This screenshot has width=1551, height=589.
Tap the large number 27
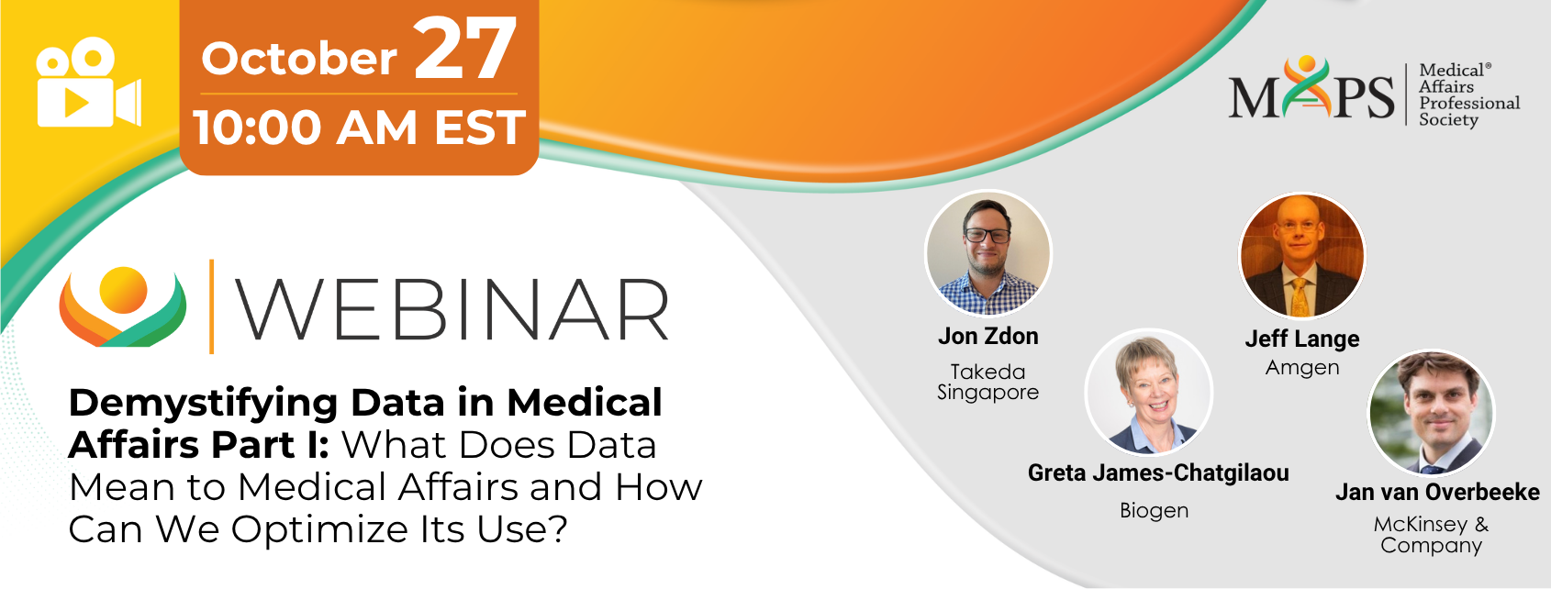click(465, 50)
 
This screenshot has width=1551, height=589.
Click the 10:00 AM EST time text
click(360, 128)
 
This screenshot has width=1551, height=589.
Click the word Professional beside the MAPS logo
click(1469, 103)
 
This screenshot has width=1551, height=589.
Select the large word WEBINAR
click(452, 309)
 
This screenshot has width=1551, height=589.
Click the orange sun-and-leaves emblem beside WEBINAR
click(123, 306)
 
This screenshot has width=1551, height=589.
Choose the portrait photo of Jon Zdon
click(988, 253)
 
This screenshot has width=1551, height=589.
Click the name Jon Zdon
click(988, 337)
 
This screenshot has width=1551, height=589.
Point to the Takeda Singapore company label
click(988, 382)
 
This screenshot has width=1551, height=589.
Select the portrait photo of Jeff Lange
click(1301, 255)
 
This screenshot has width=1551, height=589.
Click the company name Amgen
click(1302, 368)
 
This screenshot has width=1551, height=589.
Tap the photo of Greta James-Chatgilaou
click(1149, 393)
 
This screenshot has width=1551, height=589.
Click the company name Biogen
click(1155, 511)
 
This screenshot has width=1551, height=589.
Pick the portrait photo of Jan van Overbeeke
click(1431, 413)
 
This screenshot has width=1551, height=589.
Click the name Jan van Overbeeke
click(1437, 492)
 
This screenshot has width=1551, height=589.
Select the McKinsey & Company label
click(1431, 535)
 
